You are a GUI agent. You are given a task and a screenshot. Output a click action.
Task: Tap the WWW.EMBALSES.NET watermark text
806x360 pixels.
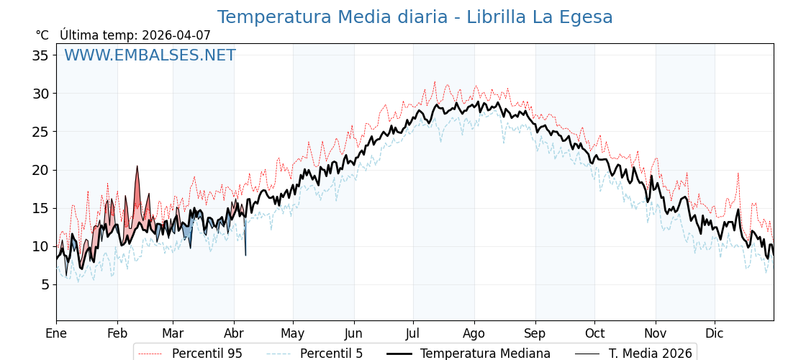coord(150,55)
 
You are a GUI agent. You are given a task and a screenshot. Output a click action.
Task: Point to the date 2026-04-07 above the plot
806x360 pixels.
coord(176,35)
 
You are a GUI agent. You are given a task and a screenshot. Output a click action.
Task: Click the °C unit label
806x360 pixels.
coord(42,35)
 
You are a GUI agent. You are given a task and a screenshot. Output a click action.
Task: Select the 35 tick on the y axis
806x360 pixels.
coord(40,55)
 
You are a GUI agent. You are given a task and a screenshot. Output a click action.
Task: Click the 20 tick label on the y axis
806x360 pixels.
coord(40,170)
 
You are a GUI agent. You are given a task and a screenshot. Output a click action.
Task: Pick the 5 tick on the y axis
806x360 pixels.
coord(45,284)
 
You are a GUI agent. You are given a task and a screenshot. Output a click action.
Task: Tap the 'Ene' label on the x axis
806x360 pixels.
coord(56,333)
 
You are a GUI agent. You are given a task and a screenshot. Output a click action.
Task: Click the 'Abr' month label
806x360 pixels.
coord(234,333)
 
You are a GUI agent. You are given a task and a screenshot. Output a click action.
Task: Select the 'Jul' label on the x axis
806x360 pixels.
coord(413,333)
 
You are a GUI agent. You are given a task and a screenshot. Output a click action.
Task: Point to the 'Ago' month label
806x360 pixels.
coord(474,333)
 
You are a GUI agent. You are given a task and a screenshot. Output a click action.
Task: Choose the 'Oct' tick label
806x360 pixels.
coord(594,333)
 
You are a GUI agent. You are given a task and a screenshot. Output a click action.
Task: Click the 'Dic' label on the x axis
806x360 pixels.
coord(715,333)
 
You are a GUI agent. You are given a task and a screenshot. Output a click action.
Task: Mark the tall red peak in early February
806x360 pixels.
coord(137,168)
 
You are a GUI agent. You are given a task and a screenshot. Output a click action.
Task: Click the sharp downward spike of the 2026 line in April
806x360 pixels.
coord(245,253)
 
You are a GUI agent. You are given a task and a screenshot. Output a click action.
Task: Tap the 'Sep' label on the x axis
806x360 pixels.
coord(535,333)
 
